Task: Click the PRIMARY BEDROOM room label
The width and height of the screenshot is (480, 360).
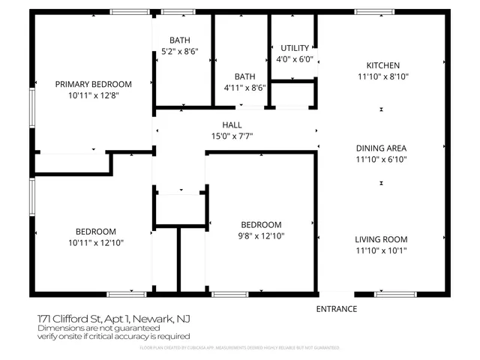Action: (94, 84)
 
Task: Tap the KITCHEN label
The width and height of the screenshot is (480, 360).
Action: (382, 65)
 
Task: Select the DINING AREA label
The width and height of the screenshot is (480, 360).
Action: (382, 148)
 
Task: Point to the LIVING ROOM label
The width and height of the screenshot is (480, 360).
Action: (381, 239)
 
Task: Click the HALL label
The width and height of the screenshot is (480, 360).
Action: (231, 124)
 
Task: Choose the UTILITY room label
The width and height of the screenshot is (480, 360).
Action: (294, 48)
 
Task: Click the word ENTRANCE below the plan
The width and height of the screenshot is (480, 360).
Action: (336, 309)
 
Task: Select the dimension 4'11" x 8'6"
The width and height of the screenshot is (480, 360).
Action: (244, 88)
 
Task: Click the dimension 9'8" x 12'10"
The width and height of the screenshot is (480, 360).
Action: (260, 236)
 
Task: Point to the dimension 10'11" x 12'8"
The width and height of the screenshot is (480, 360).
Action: (94, 95)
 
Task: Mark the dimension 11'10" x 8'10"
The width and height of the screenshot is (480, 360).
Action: (382, 76)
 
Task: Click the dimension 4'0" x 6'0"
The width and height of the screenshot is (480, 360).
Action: (294, 59)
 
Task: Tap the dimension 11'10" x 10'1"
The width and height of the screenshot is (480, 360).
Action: (381, 250)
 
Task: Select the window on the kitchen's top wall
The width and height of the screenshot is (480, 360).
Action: (374, 12)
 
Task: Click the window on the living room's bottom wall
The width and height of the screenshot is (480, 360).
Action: (394, 294)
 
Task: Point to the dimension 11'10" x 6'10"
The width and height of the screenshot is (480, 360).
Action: (382, 159)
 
